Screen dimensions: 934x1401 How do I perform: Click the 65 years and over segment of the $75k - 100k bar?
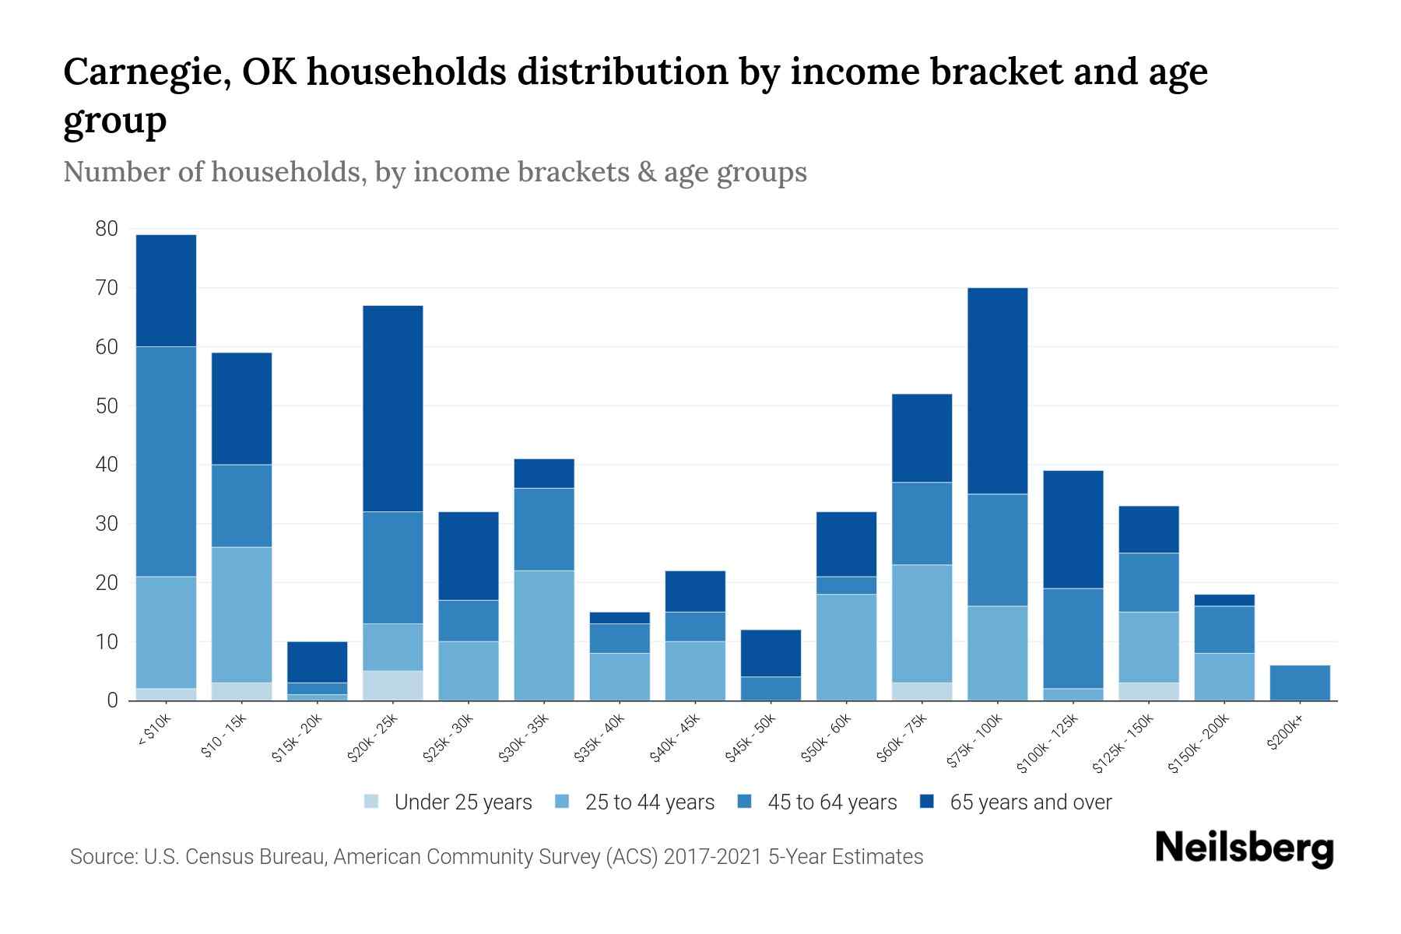(x=997, y=391)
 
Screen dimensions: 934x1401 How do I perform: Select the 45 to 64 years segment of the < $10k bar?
(x=166, y=461)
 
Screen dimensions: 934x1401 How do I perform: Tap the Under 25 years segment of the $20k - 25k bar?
(x=392, y=686)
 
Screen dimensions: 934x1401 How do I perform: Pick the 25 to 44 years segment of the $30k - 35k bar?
(x=544, y=635)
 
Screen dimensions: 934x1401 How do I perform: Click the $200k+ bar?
(x=1299, y=683)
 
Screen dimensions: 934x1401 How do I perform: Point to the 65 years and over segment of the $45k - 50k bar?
(x=771, y=653)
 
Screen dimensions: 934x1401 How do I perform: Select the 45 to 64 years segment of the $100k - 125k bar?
(x=1073, y=638)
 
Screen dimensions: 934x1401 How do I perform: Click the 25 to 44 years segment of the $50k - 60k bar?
(x=846, y=647)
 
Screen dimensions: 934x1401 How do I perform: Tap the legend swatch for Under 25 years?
(x=372, y=802)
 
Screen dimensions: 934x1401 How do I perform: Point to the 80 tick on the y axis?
(x=107, y=229)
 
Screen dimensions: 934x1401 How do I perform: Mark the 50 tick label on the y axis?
(x=107, y=406)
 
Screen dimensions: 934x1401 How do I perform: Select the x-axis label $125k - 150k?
(x=1123, y=744)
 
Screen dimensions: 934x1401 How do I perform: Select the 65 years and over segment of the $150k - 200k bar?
(x=1224, y=600)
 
